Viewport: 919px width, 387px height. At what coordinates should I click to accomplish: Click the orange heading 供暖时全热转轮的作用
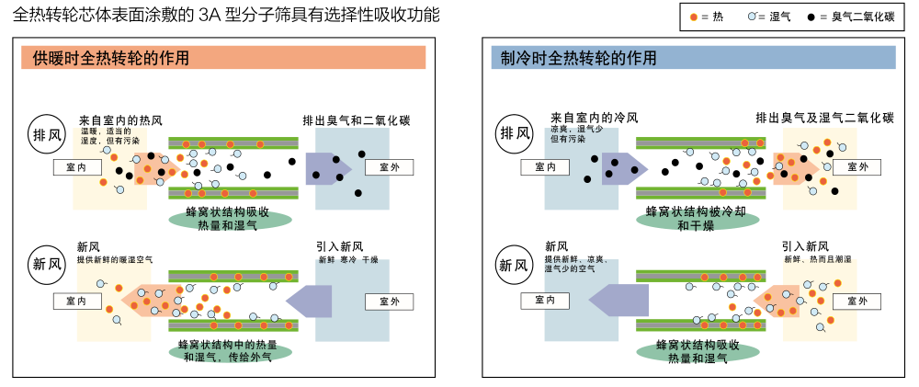223,58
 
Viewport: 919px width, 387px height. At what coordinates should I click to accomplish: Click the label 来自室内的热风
120,120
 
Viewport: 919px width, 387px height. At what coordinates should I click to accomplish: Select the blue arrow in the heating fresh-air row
309,301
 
